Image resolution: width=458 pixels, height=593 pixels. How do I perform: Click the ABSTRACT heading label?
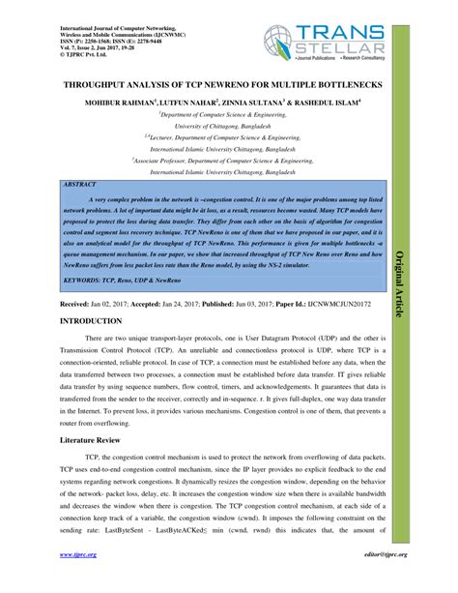coord(79,182)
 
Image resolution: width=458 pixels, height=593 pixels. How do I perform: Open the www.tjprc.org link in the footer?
coord(76,582)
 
